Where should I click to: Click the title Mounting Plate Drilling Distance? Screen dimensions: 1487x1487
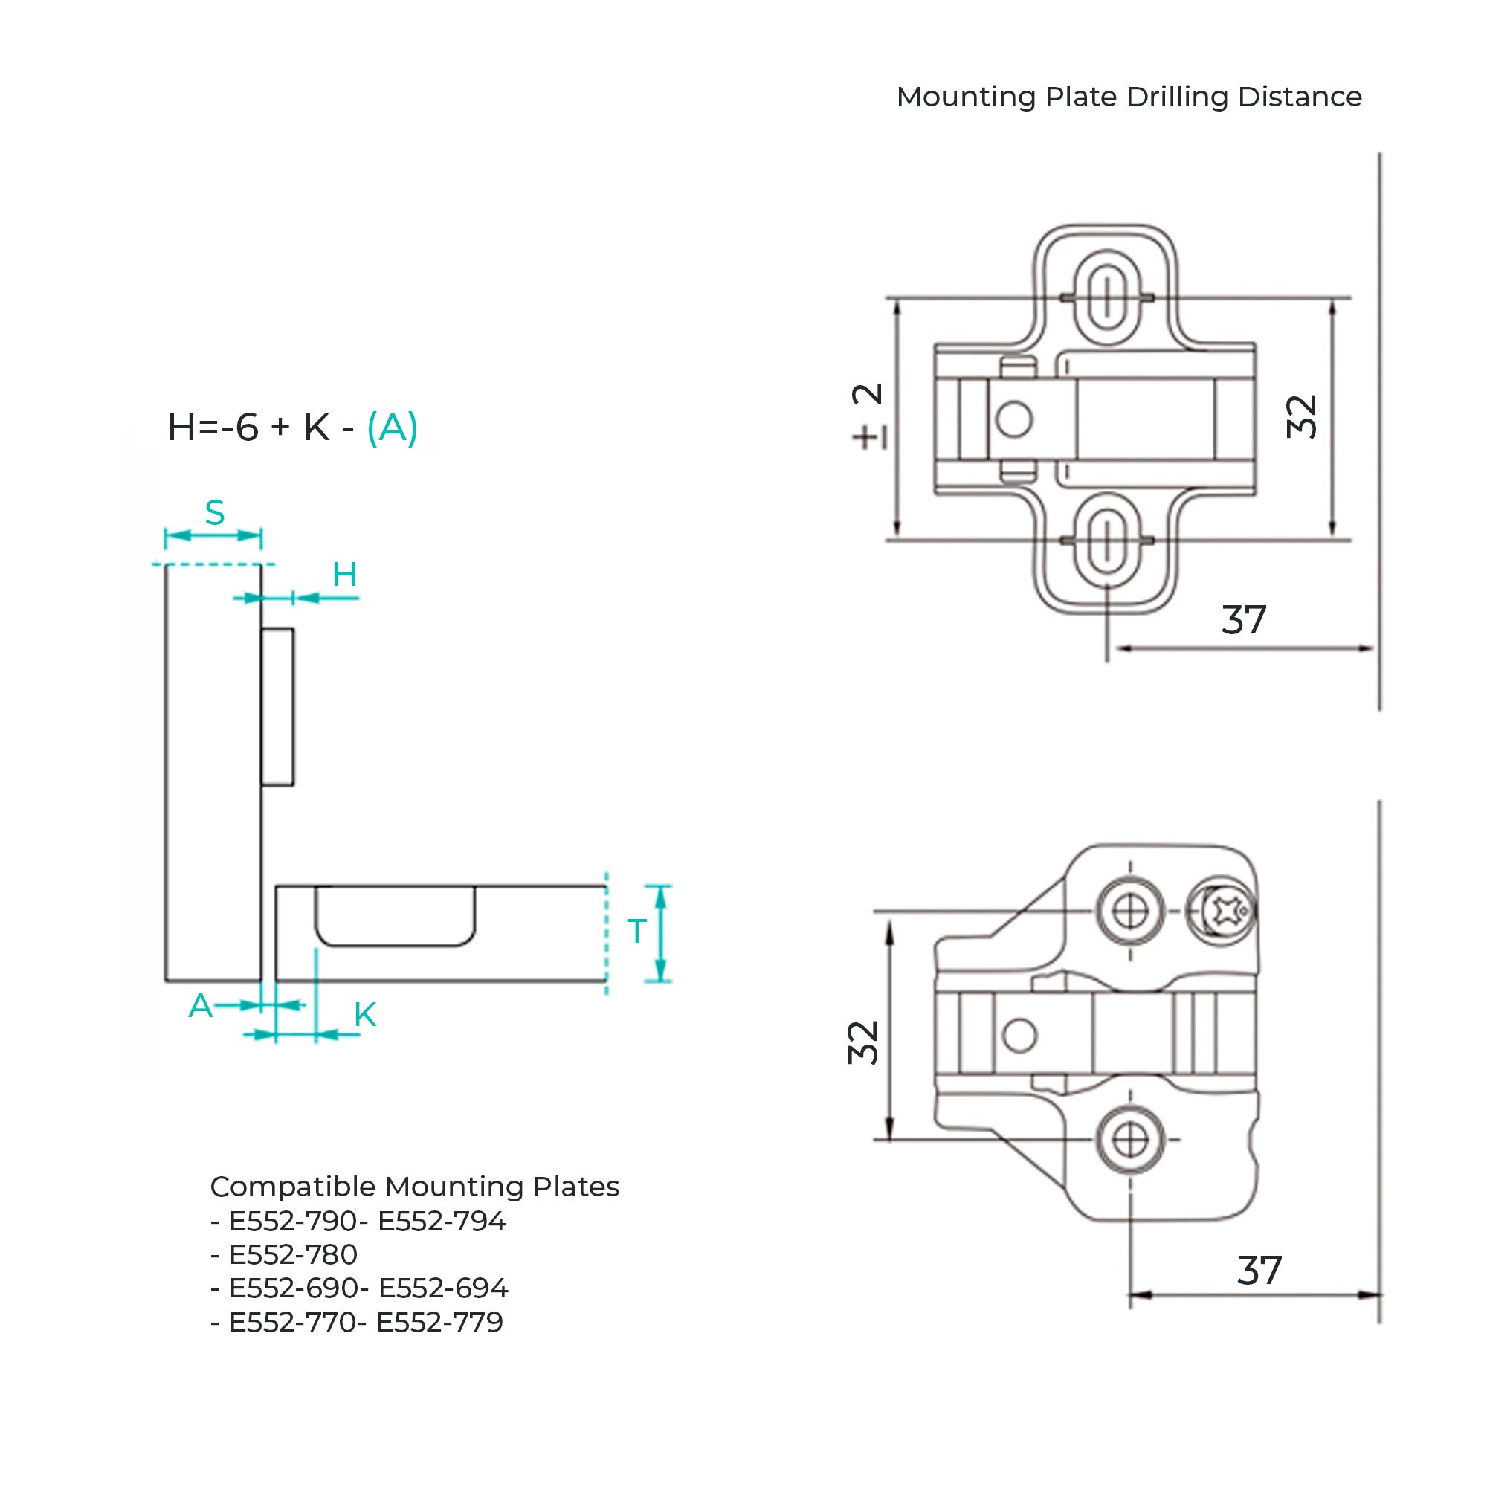[1129, 97]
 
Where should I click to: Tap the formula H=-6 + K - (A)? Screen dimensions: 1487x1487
[292, 428]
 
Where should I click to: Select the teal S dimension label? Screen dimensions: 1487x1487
[215, 512]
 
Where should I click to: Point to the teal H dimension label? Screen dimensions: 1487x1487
[345, 574]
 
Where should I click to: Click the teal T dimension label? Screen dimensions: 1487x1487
[636, 932]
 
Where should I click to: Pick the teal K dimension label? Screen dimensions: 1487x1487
[365, 1015]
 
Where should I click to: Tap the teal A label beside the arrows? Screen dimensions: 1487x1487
[200, 1005]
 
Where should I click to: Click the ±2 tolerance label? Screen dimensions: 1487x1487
[868, 416]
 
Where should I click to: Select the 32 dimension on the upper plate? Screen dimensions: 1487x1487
[1302, 416]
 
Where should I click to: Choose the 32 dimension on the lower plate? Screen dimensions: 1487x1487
[862, 1043]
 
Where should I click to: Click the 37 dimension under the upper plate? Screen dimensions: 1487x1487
[1244, 620]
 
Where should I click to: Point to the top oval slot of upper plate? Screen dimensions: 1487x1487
[1106, 297]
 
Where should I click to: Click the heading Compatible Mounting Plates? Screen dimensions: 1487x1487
[415, 1187]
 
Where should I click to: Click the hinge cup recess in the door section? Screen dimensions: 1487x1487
[395, 944]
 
